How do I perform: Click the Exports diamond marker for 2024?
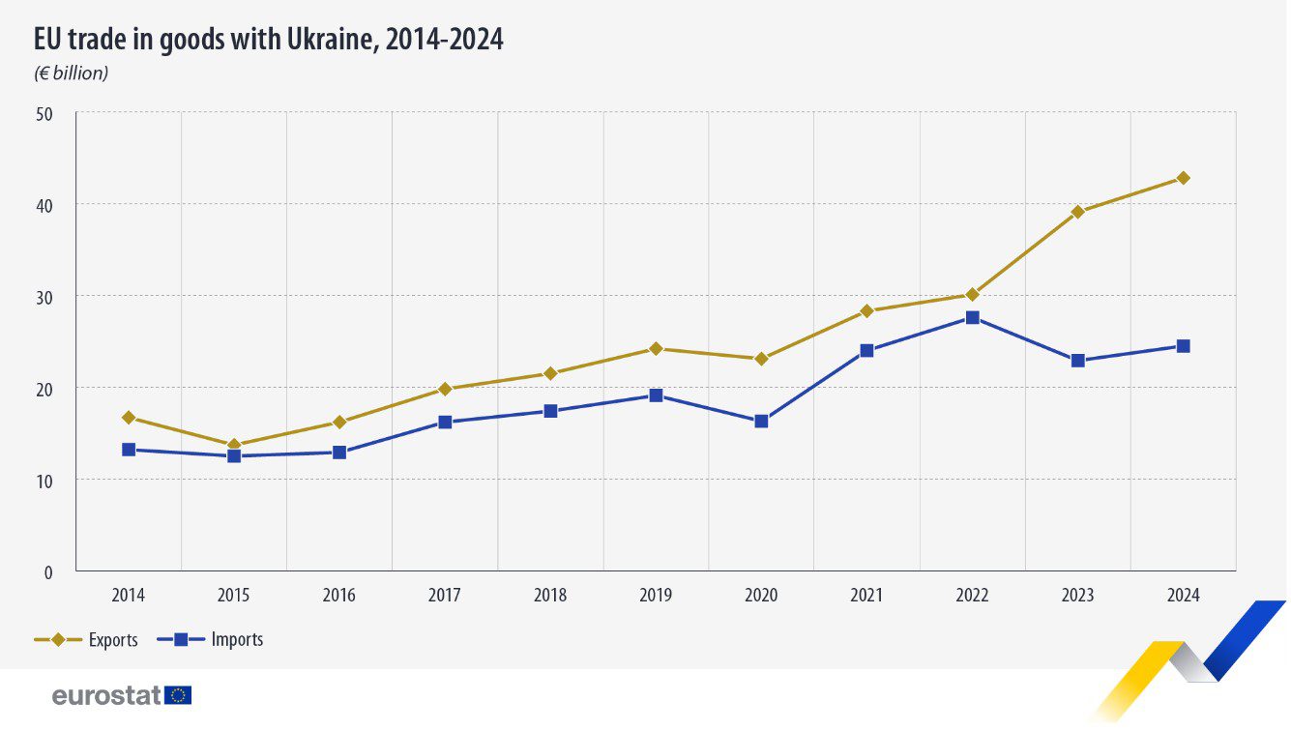click(x=1183, y=178)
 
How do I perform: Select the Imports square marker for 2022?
click(x=972, y=317)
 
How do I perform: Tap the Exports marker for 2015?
click(x=234, y=445)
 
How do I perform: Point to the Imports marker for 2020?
click(x=761, y=421)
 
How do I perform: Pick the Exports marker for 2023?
click(x=1077, y=212)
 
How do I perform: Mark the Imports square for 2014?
click(x=129, y=450)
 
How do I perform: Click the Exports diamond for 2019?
click(x=656, y=348)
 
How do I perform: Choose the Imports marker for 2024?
click(x=1183, y=346)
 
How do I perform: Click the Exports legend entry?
click(x=112, y=640)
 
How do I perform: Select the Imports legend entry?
click(x=237, y=640)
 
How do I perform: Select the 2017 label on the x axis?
click(x=445, y=596)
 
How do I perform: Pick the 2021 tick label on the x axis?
click(x=866, y=596)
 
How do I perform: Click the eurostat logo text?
click(x=106, y=695)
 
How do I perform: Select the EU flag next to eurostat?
click(x=178, y=695)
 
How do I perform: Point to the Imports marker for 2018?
click(x=550, y=411)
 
